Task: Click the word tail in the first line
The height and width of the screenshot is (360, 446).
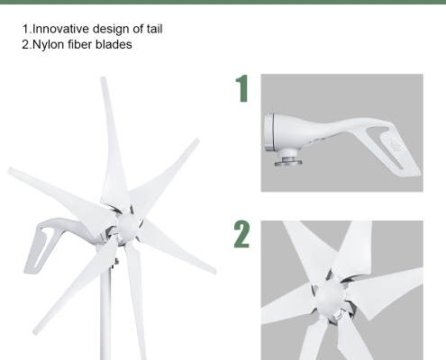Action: [152, 30]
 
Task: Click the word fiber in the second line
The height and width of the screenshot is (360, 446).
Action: [83, 45]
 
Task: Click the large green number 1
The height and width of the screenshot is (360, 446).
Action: [241, 91]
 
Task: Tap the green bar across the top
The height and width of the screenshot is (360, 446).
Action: [223, 4]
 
